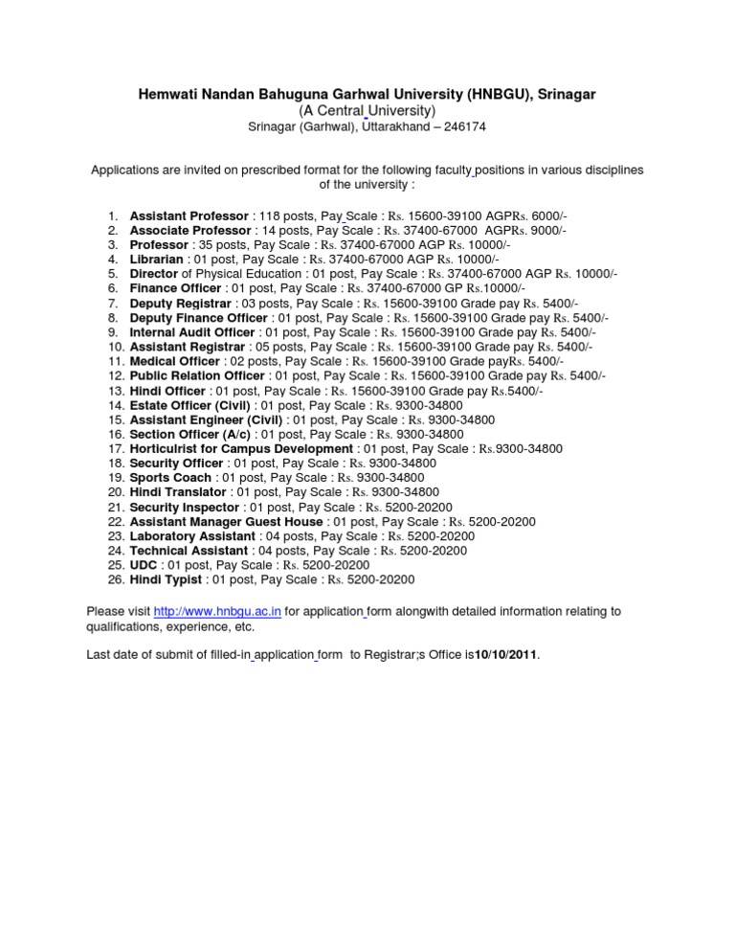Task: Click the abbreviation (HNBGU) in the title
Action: click(499, 94)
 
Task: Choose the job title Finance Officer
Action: click(175, 287)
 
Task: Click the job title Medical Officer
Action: click(175, 360)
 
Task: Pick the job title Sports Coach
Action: click(171, 476)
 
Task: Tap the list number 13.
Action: click(116, 390)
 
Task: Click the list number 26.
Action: click(116, 579)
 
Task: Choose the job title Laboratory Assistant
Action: click(189, 536)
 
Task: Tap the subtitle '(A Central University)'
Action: click(367, 111)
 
